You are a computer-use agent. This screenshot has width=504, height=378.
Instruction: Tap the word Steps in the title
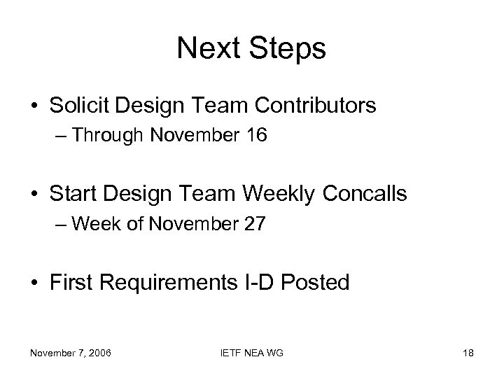288,49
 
